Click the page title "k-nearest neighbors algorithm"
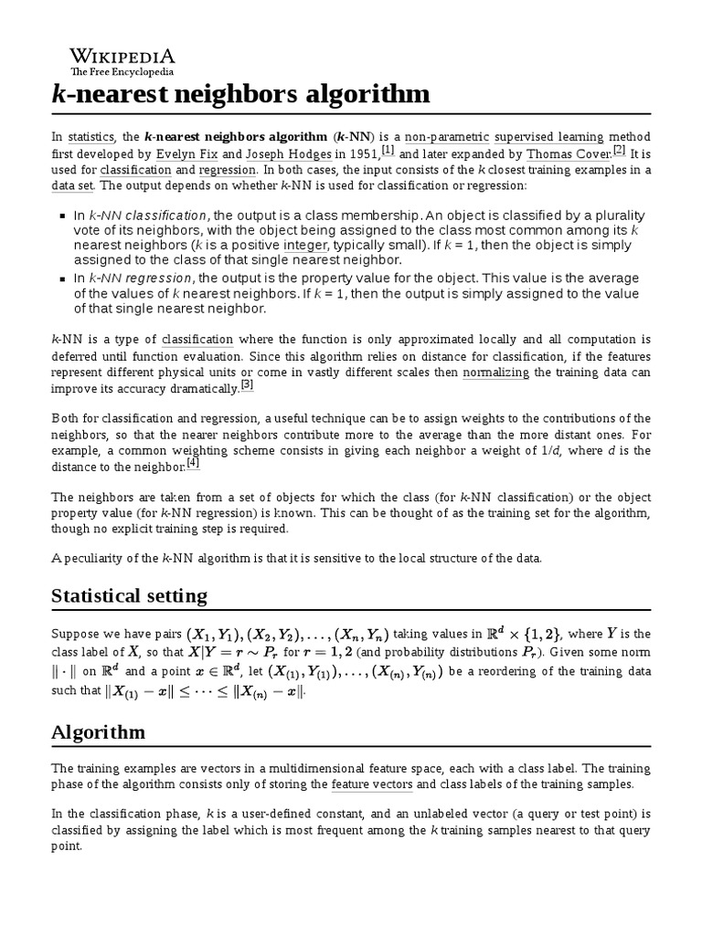pyautogui.click(x=240, y=94)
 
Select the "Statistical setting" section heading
pyautogui.click(x=129, y=596)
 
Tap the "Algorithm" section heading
pyautogui.click(x=97, y=732)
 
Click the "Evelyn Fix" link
pyautogui.click(x=188, y=153)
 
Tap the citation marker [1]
pyautogui.click(x=388, y=150)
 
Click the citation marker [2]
pyautogui.click(x=619, y=150)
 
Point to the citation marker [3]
pyautogui.click(x=246, y=385)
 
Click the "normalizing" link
pyautogui.click(x=495, y=373)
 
